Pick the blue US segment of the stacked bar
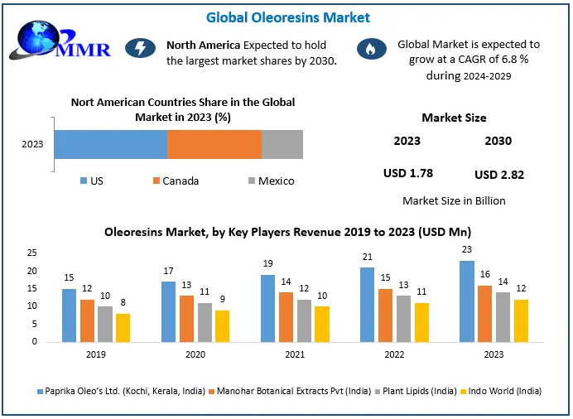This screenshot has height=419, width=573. pyautogui.click(x=111, y=144)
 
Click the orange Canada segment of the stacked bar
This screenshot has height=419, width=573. pyautogui.click(x=214, y=144)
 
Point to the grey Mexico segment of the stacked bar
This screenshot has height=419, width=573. pyautogui.click(x=282, y=144)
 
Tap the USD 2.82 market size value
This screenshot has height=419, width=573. pyautogui.click(x=499, y=174)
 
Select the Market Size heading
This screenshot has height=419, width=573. pyautogui.click(x=454, y=118)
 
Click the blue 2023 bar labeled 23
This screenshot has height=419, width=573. pyautogui.click(x=467, y=301)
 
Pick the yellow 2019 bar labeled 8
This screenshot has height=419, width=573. pyautogui.click(x=123, y=327)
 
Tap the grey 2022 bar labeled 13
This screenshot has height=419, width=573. pyautogui.click(x=403, y=318)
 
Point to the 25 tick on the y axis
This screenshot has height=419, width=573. pyautogui.click(x=32, y=253)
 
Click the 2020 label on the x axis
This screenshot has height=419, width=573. pyautogui.click(x=196, y=354)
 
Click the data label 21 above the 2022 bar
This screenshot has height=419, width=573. pyautogui.click(x=368, y=258)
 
